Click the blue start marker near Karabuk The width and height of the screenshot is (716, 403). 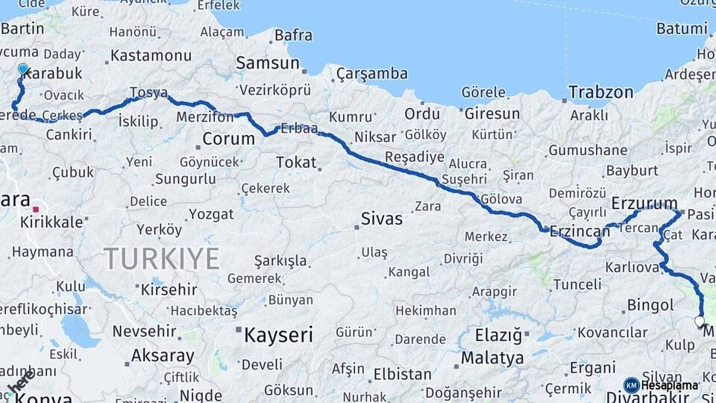click(x=23, y=69)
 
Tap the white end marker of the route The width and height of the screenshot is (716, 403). click(x=700, y=322)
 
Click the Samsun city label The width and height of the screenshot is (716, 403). click(x=268, y=63)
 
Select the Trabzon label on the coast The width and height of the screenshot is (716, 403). click(x=600, y=93)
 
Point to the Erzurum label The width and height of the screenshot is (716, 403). click(x=644, y=203)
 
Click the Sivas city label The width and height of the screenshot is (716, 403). click(x=381, y=219)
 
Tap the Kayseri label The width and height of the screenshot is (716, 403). click(x=278, y=335)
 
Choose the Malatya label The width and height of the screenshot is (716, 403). click(x=492, y=358)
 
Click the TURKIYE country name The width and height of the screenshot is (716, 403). click(x=161, y=259)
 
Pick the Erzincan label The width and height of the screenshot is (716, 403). click(x=580, y=231)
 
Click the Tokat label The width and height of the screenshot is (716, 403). click(x=296, y=162)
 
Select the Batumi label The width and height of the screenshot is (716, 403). click(x=682, y=28)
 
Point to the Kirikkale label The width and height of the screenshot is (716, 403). click(x=51, y=222)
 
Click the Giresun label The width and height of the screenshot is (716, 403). click(x=492, y=114)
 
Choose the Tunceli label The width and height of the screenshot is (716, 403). click(x=577, y=284)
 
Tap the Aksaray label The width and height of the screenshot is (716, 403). click(x=163, y=356)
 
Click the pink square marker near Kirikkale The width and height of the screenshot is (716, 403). click(x=34, y=210)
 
